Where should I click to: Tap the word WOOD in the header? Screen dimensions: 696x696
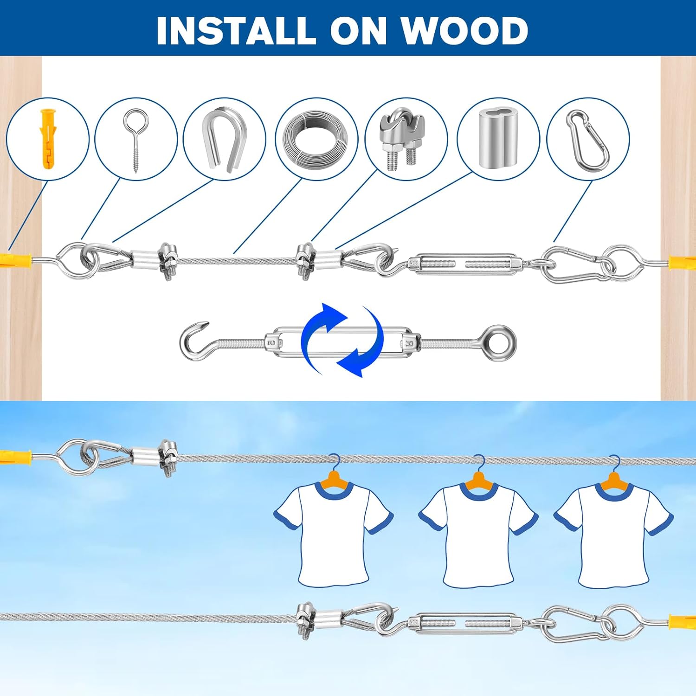coord(464,31)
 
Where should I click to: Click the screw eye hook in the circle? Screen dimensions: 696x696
coord(135,139)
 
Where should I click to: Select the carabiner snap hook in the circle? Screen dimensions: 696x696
coord(587,138)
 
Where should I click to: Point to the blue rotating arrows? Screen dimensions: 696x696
coord(342,340)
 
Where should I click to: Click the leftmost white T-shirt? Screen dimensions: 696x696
coord(333,533)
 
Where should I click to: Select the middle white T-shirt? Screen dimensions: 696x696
coord(478,534)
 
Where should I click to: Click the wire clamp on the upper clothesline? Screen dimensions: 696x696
coord(168,457)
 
